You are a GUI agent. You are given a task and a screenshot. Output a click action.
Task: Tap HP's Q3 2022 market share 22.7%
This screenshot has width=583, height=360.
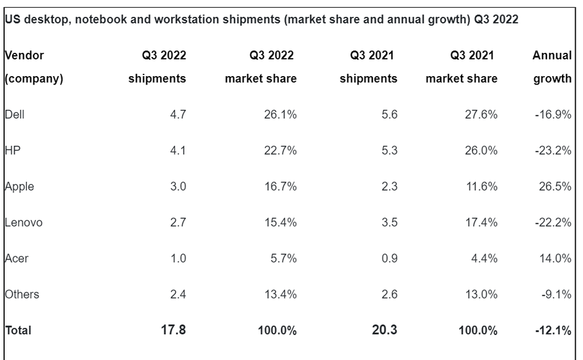[x=280, y=151]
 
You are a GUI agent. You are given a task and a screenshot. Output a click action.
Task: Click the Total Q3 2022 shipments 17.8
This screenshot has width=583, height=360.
[x=175, y=329]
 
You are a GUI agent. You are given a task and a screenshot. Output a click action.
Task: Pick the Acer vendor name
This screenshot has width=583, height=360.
[x=16, y=259]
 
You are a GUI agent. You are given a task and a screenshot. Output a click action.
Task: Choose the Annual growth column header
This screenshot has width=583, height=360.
[x=552, y=67]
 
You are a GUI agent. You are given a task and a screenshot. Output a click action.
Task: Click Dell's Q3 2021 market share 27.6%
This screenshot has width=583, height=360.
[x=482, y=115]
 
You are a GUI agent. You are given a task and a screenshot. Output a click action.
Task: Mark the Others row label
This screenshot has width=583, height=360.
[x=22, y=294]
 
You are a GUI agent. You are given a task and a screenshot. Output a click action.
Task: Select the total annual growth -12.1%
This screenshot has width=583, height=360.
[x=553, y=330]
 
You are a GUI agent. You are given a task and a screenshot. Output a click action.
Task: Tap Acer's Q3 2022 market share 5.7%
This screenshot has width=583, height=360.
[x=283, y=259]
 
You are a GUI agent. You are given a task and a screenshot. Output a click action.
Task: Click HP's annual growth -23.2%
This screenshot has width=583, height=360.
[x=553, y=151]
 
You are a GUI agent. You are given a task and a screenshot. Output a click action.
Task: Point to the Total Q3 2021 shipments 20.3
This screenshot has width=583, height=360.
[x=384, y=329]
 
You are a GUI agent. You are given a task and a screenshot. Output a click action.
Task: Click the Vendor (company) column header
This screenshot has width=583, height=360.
[x=34, y=67]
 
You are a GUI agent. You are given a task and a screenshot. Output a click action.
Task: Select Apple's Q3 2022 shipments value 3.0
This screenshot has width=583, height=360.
[x=178, y=187]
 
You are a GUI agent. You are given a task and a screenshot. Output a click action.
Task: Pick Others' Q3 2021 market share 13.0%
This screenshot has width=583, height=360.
[x=482, y=294]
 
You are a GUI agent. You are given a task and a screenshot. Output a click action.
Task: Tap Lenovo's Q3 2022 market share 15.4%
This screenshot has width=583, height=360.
[x=280, y=223]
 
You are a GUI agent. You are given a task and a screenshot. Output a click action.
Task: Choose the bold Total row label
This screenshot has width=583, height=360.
[x=18, y=330]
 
